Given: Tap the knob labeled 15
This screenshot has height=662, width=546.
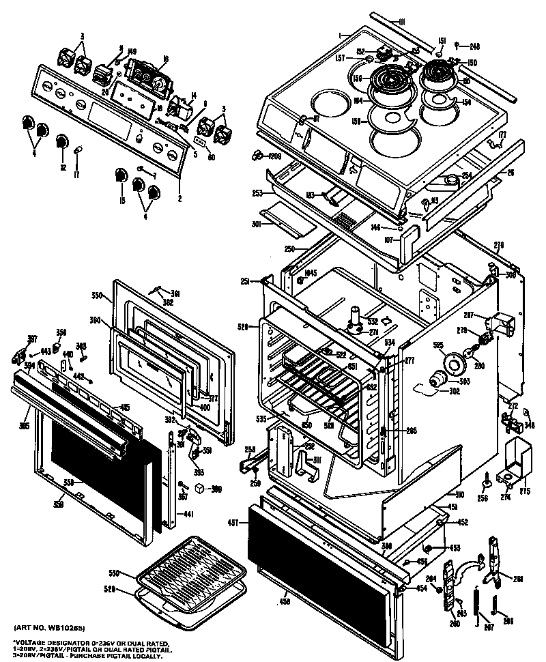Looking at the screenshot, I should [x=121, y=173].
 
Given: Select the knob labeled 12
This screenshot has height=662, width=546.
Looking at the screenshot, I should [x=61, y=141].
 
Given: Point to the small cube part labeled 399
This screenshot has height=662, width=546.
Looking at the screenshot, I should [x=198, y=488].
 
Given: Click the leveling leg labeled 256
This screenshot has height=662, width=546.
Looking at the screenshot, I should [x=485, y=482].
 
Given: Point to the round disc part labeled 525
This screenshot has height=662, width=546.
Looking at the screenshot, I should [x=450, y=363].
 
